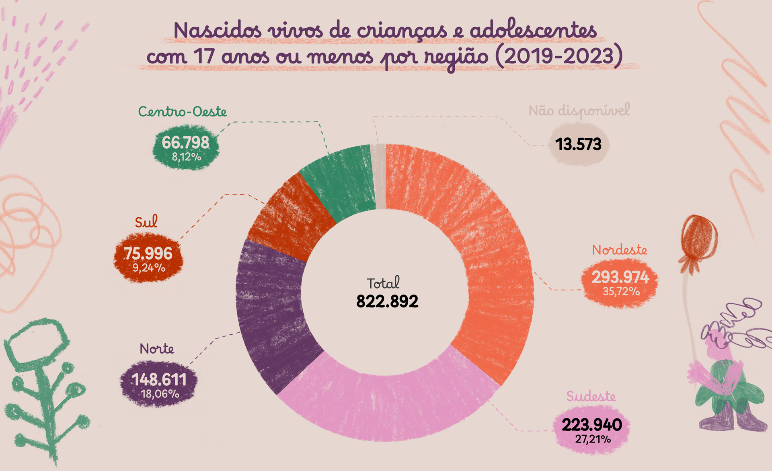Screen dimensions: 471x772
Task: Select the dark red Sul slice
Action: click(292, 217)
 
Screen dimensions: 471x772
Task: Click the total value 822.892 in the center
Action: click(387, 301)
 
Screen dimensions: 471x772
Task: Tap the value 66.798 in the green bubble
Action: click(186, 143)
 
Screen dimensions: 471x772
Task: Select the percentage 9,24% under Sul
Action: click(149, 268)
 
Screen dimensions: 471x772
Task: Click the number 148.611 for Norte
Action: click(159, 379)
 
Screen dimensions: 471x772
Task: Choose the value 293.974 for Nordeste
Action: click(620, 277)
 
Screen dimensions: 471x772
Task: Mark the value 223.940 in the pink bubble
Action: click(591, 425)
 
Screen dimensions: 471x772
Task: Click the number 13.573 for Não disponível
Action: click(578, 144)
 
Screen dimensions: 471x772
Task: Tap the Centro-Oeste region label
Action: click(183, 111)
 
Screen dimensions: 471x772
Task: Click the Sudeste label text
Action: click(591, 396)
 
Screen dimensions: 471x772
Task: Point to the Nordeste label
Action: click(620, 250)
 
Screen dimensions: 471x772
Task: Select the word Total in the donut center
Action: click(383, 283)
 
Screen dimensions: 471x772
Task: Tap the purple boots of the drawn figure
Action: click(732, 418)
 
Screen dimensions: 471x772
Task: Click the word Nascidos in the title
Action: click(218, 31)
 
